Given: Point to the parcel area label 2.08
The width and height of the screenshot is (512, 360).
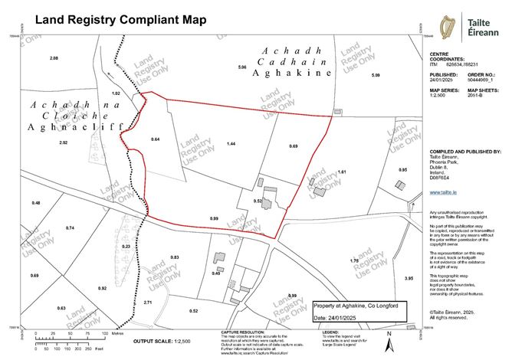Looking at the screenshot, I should [x=54, y=59].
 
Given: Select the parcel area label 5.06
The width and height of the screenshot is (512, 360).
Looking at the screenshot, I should [x=241, y=68].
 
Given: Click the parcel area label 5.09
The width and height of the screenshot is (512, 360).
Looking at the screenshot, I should [x=376, y=75].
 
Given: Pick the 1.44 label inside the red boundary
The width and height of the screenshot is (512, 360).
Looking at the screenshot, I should [x=230, y=143].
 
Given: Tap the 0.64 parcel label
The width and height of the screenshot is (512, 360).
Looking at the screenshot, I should [x=155, y=139].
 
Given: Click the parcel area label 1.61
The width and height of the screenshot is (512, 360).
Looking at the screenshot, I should [x=343, y=172].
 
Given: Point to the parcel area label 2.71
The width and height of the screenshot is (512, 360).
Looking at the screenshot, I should [x=148, y=303].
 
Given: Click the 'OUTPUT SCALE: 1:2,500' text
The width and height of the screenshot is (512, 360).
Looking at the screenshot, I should [x=162, y=340].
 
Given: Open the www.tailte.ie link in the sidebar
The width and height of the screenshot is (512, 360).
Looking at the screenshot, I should [x=441, y=195].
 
